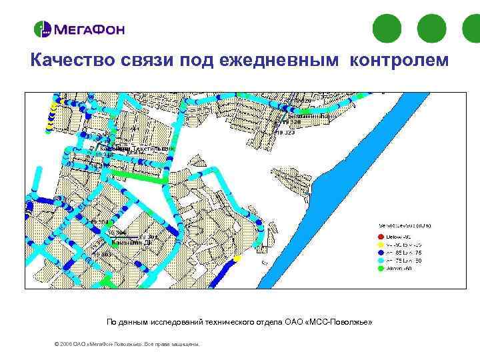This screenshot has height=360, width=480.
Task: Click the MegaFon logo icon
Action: [42, 29]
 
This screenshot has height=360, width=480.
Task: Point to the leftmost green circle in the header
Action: [387, 28]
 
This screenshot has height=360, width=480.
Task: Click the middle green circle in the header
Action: [431, 28]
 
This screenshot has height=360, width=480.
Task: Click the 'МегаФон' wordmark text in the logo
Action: [88, 29]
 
